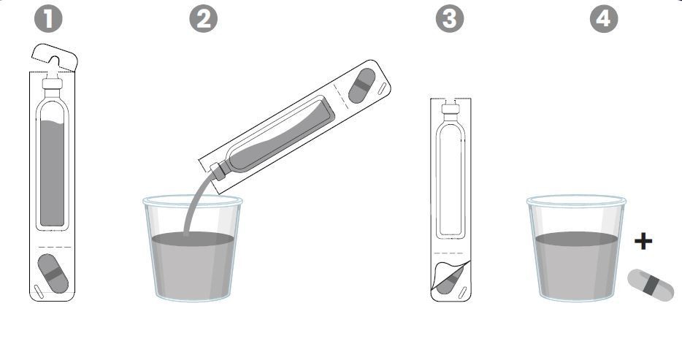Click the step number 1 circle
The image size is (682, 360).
pos(48,18)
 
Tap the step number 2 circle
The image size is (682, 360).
pos(204,18)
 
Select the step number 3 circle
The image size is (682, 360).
pos(450,18)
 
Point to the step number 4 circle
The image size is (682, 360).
pos(604,18)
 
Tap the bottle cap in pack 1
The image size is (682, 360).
pos(52,83)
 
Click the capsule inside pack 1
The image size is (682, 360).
pos(53,274)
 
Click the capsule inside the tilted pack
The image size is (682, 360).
pos(362,85)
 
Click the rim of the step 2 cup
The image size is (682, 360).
pos(193,200)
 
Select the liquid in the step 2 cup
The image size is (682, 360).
pos(193,265)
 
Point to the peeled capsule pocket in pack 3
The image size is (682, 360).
pos(451,277)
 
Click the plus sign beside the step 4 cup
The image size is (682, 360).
pos(643,241)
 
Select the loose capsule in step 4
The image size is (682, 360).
pos(651,285)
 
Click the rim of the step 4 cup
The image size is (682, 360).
pos(576,200)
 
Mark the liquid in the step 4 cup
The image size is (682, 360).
pos(576,265)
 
